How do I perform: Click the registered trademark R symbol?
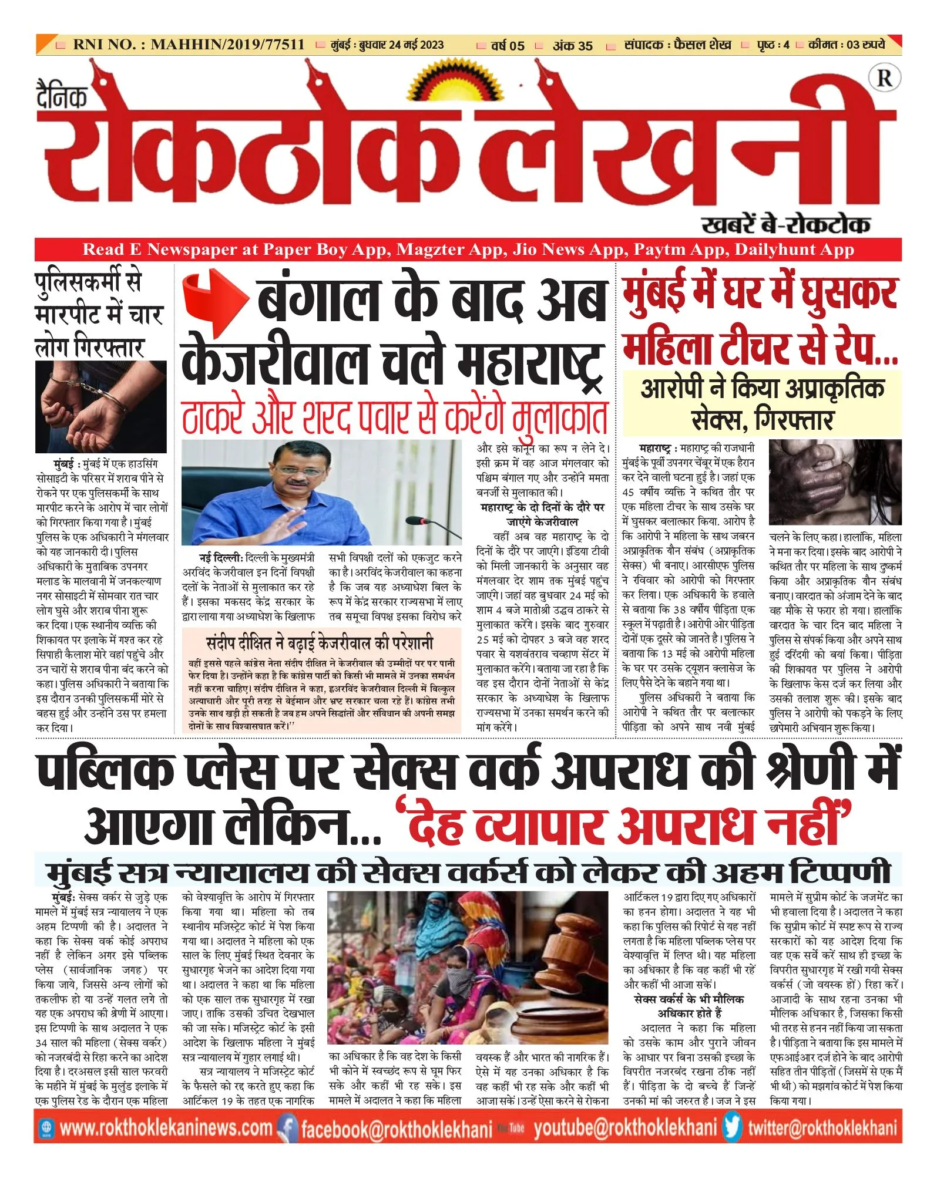[884, 78]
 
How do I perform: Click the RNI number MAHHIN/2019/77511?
[227, 45]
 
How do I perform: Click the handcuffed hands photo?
[101, 406]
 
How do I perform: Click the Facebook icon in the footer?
[287, 1129]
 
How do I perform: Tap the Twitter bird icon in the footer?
[733, 1128]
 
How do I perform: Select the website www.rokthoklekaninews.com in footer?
[166, 1129]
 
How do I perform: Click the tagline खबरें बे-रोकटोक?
[785, 224]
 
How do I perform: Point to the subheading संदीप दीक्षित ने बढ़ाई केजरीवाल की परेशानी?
[320, 642]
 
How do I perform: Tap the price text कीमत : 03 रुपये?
[846, 45]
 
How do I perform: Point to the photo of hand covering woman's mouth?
[835, 482]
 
